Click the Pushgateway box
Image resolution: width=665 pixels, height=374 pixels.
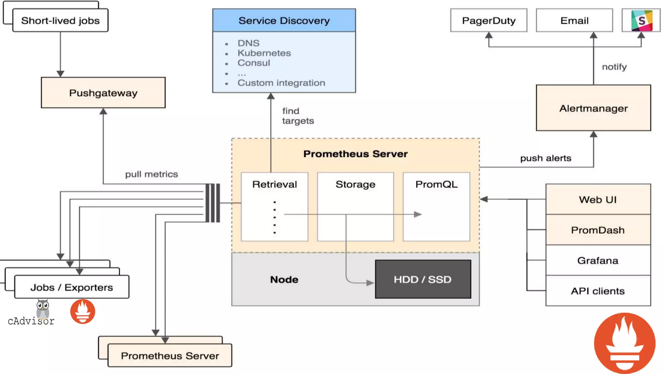pos(103,93)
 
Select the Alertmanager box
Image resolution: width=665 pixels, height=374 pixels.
pos(593,108)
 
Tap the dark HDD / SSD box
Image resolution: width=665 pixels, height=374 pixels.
pos(423,279)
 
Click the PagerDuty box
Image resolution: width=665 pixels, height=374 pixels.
pos(489,20)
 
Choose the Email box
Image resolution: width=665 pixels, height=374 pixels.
pos(574,20)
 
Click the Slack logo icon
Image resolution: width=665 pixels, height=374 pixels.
pos(642,20)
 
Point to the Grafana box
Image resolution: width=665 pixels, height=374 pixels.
pos(598,260)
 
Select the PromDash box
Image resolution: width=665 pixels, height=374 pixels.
pos(598,230)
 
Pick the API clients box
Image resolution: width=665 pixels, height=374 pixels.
pos(598,291)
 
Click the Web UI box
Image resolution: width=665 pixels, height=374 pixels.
pos(598,199)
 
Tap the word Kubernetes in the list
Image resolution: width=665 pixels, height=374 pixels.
pos(264,53)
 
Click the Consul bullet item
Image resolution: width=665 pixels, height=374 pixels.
pos(254,63)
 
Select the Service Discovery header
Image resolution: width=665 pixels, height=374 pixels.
pos(284,20)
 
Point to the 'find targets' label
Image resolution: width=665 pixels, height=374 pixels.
pos(297,116)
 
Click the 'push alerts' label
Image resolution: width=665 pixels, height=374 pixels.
pos(546,158)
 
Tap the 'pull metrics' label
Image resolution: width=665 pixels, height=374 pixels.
pos(151,174)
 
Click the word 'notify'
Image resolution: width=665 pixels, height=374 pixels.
pos(614,67)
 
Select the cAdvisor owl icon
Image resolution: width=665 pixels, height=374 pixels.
pos(43,309)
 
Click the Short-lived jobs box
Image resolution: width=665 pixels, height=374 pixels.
pos(60,20)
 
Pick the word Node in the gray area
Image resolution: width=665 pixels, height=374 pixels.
pos(284,280)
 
